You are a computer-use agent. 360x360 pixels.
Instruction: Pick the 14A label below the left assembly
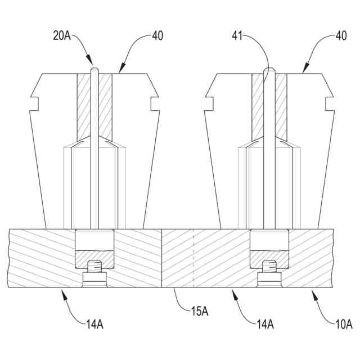click(94, 324)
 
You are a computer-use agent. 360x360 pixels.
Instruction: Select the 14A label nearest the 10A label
click(264, 324)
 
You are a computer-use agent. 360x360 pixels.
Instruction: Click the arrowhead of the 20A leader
click(90, 63)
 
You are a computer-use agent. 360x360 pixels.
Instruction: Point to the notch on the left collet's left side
click(33, 103)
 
